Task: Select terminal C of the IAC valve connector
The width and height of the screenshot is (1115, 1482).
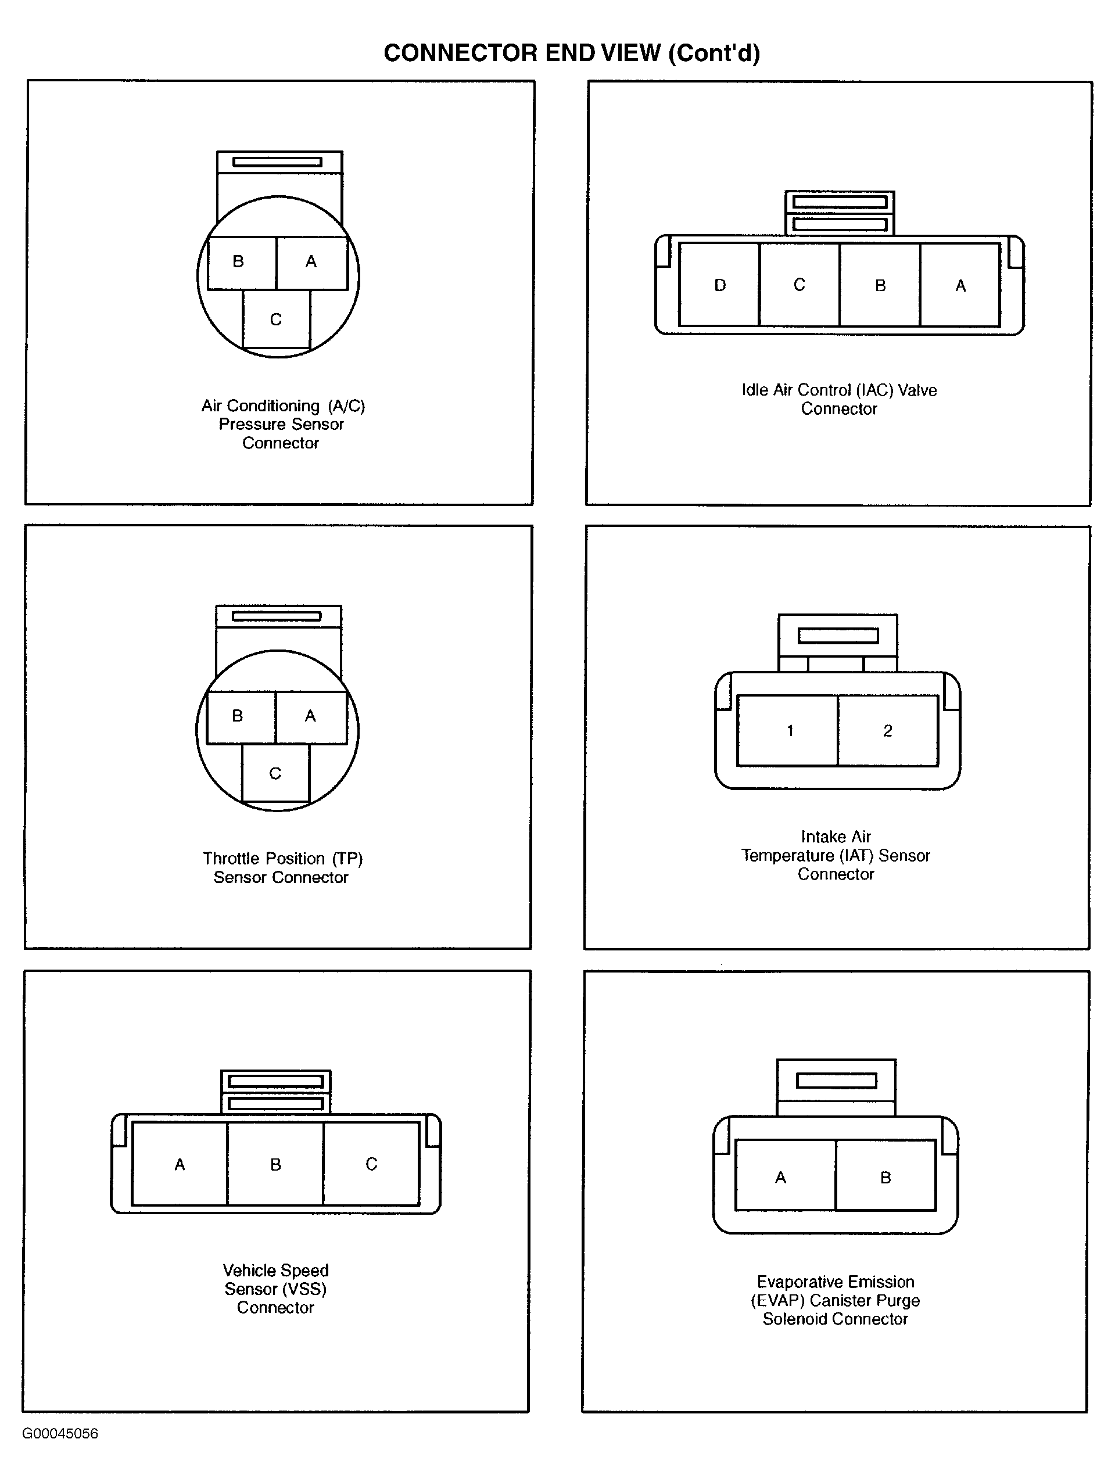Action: click(799, 285)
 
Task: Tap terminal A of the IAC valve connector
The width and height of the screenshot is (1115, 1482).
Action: click(960, 285)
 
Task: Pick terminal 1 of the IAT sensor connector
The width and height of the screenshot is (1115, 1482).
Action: click(787, 730)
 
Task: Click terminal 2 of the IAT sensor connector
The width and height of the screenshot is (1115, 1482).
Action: click(888, 730)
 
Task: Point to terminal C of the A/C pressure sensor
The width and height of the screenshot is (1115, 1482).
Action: click(276, 319)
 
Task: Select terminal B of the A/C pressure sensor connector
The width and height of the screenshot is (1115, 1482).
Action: click(241, 262)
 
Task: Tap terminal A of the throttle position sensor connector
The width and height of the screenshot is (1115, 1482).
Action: click(311, 717)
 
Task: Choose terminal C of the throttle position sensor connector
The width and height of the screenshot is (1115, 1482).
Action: click(275, 773)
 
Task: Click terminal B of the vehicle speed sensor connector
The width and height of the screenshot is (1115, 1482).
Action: click(275, 1164)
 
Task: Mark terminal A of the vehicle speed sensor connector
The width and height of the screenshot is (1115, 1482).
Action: click(180, 1164)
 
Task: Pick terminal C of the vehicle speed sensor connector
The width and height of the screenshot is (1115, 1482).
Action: click(371, 1164)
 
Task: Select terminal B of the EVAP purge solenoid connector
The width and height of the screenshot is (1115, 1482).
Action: click(886, 1177)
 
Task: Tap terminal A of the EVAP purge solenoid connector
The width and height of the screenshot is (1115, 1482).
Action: click(786, 1177)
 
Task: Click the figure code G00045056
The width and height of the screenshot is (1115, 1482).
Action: click(60, 1434)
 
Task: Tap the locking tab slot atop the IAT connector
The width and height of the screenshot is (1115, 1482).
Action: click(838, 635)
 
